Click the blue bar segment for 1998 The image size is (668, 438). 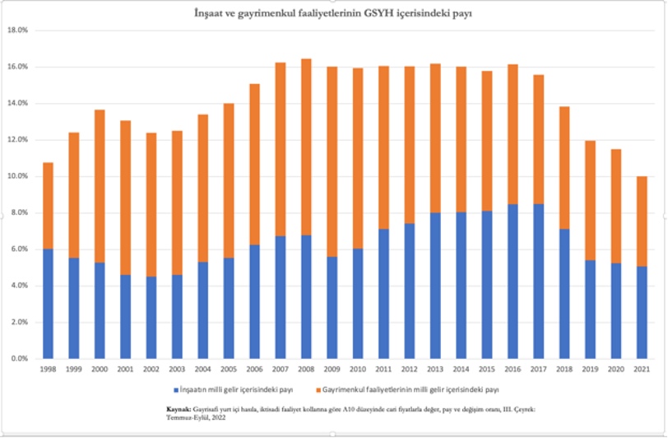[49, 304]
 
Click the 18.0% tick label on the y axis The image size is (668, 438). [17, 30]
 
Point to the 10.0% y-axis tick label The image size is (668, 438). [17, 176]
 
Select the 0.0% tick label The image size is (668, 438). [19, 359]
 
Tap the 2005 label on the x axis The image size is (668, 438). [230, 370]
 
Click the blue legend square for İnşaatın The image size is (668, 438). [175, 388]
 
